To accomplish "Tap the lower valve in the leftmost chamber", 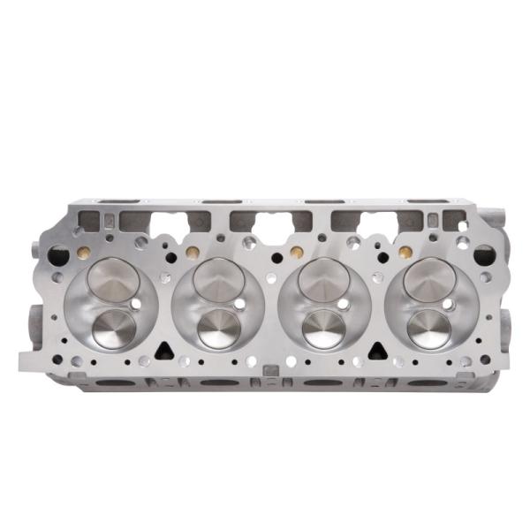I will tap(114, 328).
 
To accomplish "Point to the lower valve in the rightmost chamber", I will tap(429, 327).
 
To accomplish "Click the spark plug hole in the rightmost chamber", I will tap(448, 305).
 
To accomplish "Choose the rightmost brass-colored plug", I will tap(405, 252).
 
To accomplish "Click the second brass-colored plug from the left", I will tap(192, 253).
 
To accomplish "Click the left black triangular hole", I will tap(163, 350).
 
